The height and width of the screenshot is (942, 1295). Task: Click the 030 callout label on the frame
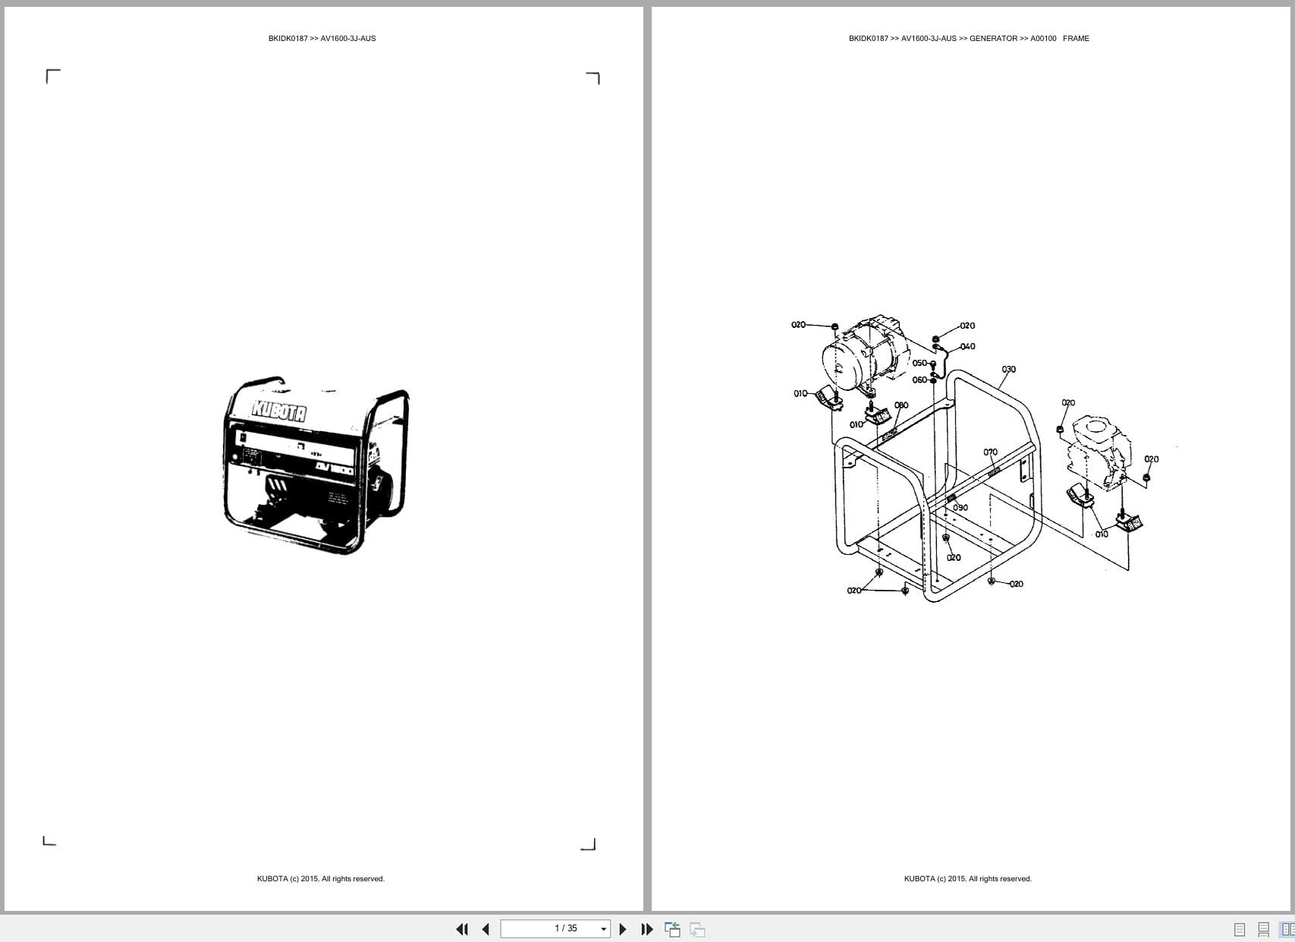1008,370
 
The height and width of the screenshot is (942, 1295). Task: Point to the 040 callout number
967,347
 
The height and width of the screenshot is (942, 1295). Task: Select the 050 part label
919,364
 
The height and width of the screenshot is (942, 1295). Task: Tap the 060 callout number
919,380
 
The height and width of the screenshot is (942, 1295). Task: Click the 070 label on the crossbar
990,452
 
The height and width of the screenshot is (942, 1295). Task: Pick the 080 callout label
901,405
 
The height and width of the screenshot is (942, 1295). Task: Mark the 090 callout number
960,508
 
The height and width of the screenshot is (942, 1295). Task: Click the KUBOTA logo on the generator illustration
279,411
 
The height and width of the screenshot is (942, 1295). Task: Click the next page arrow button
623,929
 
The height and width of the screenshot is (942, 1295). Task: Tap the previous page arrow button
486,929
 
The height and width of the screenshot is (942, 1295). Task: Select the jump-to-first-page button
461,929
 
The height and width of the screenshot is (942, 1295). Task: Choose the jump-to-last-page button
647,929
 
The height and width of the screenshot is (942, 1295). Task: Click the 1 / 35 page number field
565,928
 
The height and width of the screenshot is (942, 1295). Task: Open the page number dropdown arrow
604,929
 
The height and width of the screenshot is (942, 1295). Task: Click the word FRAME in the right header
1076,39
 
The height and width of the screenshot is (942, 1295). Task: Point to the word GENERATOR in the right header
993,39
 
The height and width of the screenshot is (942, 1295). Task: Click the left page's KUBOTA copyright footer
320,879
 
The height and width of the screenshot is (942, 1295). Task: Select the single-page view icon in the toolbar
1240,929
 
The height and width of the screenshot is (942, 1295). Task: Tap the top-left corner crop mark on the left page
52,76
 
